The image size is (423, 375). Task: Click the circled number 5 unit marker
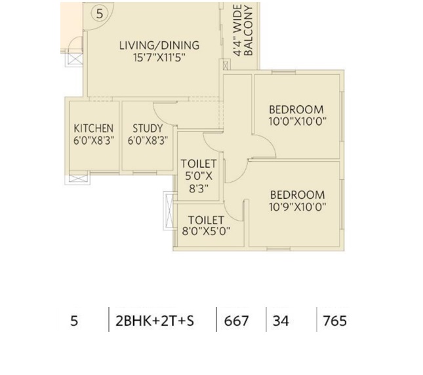click(100, 14)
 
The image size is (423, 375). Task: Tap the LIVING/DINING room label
click(159, 45)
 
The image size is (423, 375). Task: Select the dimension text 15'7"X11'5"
click(159, 58)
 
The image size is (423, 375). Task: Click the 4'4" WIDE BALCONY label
click(243, 30)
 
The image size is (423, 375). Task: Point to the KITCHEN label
click(94, 128)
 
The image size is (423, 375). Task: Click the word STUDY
click(148, 128)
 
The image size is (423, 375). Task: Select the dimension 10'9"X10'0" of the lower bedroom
click(298, 207)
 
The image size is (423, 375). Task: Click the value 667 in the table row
click(236, 321)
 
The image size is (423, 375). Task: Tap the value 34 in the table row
click(281, 321)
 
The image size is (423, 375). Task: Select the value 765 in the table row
click(334, 321)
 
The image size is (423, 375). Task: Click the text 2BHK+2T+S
click(155, 321)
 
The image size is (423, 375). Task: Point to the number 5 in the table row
click(74, 321)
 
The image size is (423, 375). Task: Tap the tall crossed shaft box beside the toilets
click(170, 211)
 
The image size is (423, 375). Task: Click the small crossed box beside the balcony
click(226, 65)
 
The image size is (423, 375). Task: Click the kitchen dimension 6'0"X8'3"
click(94, 141)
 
